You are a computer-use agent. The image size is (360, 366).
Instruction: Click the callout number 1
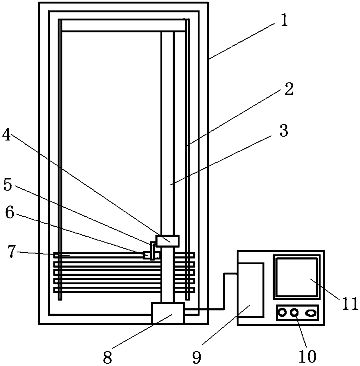coord(284,21)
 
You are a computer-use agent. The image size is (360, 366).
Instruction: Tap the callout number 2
coord(288,89)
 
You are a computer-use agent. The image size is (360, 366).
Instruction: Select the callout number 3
coord(283,131)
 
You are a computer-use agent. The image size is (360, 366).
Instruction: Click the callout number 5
coord(8,185)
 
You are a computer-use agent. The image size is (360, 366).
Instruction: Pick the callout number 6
coord(9,213)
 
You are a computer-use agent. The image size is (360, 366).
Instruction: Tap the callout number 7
coord(11,252)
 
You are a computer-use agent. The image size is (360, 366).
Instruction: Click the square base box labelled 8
coord(168,313)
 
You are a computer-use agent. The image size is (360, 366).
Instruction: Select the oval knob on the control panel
coord(311,313)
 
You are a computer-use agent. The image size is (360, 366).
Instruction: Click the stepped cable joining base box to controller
coord(224,290)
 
